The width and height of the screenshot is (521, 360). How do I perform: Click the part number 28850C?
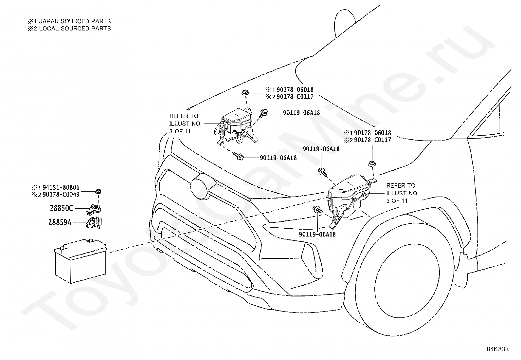62,208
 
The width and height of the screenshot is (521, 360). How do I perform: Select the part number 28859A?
60,222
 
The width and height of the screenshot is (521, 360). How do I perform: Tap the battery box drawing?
81,261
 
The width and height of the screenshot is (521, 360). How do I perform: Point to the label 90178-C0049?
61,195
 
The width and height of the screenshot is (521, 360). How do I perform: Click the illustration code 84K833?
498,349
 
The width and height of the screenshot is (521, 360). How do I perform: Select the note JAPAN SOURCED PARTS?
75,21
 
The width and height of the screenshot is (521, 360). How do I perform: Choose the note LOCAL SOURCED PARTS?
75,28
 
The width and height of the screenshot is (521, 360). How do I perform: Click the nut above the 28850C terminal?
99,192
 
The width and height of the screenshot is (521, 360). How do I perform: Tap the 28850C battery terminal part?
94,209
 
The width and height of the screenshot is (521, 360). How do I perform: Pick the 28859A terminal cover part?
94,223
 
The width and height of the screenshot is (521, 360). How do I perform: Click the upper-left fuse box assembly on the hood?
235,126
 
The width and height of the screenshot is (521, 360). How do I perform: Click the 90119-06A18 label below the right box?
317,234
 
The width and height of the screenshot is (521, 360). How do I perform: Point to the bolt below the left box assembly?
239,157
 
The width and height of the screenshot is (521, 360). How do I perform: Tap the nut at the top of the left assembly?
245,92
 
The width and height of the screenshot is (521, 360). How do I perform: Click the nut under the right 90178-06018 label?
372,163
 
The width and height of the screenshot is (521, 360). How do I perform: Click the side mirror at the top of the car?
345,23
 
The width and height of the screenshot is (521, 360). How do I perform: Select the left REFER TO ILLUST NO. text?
185,123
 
